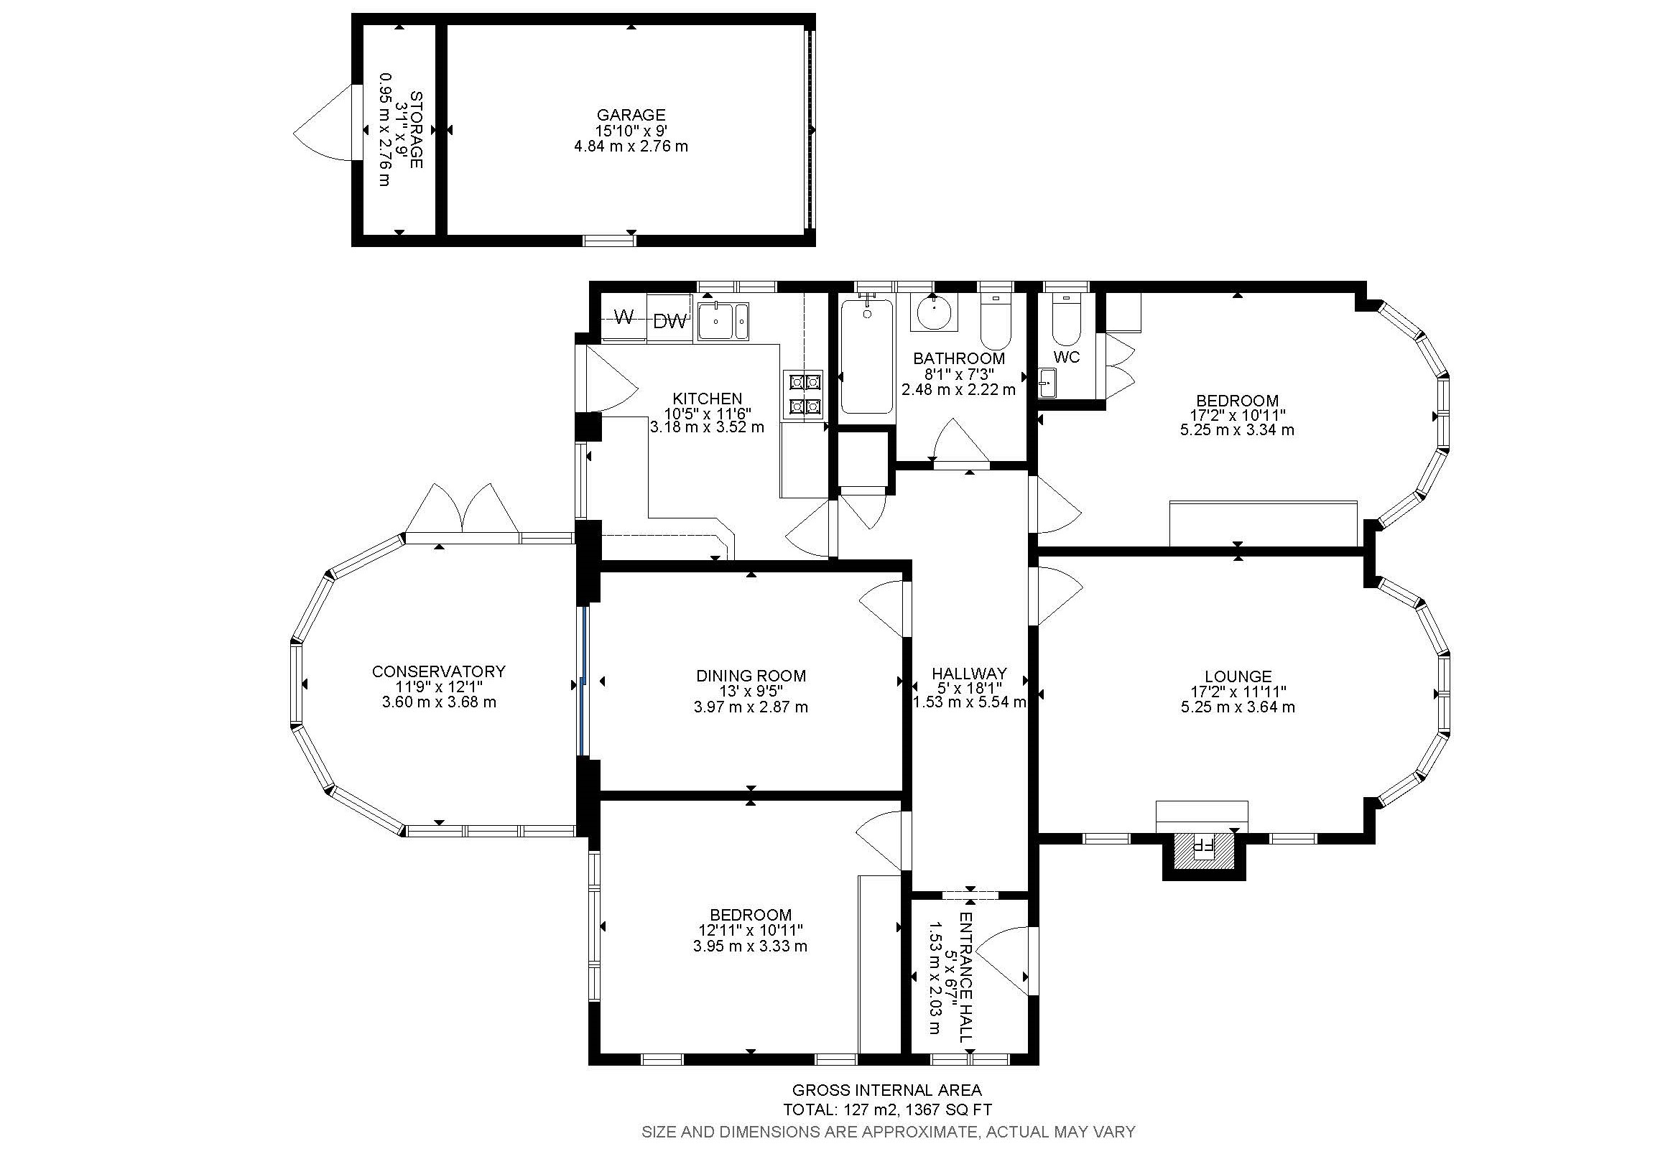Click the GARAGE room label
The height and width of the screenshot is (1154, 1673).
(631, 115)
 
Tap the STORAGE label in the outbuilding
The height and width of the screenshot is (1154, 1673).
(415, 129)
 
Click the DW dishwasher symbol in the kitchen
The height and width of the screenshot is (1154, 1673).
(669, 322)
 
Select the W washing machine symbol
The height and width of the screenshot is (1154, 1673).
(624, 317)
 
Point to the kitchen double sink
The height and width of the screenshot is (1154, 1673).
(723, 321)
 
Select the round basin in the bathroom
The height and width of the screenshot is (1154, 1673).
(935, 312)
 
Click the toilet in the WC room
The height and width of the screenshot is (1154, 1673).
(1066, 320)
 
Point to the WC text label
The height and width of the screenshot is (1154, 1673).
(1067, 357)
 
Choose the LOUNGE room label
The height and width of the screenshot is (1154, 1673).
(1238, 676)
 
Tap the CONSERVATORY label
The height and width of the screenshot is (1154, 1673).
(438, 671)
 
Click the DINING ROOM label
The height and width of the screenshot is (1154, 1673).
(751, 676)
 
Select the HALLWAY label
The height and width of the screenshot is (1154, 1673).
(969, 673)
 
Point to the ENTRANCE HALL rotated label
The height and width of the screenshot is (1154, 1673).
(966, 977)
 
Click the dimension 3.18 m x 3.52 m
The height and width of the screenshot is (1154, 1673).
(707, 427)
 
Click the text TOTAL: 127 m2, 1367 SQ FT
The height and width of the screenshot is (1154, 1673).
(887, 1110)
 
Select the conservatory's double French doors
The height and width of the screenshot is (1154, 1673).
(461, 511)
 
